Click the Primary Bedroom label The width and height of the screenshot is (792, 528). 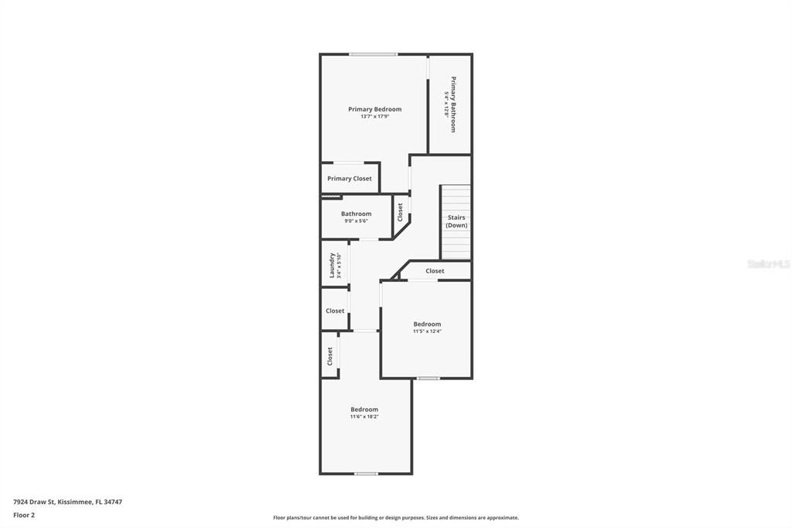click(x=374, y=109)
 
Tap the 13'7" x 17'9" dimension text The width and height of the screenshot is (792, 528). click(x=374, y=117)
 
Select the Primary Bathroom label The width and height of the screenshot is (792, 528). click(x=453, y=104)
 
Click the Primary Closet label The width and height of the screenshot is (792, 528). click(x=350, y=179)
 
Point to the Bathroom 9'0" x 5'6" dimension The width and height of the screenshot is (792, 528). click(x=357, y=221)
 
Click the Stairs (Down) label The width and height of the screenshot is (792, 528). click(x=456, y=221)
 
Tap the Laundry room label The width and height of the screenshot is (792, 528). click(x=333, y=265)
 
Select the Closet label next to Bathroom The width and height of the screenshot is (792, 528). click(x=400, y=212)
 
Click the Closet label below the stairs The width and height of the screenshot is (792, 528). click(x=435, y=271)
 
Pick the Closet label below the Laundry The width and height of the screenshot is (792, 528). click(x=335, y=311)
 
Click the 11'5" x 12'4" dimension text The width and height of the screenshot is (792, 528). click(x=427, y=331)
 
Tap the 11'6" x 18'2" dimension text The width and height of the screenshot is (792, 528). click(x=364, y=417)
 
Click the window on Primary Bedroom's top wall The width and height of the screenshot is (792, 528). click(x=373, y=54)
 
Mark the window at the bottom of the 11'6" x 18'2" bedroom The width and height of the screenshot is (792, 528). click(x=366, y=473)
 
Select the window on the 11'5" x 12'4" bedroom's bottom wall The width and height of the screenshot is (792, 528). click(x=428, y=378)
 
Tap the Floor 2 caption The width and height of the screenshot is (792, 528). click(x=24, y=515)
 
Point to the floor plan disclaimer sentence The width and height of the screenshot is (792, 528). click(x=395, y=518)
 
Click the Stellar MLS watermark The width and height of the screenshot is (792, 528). click(x=768, y=264)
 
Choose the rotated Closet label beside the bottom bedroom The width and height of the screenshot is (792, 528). click(x=329, y=355)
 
